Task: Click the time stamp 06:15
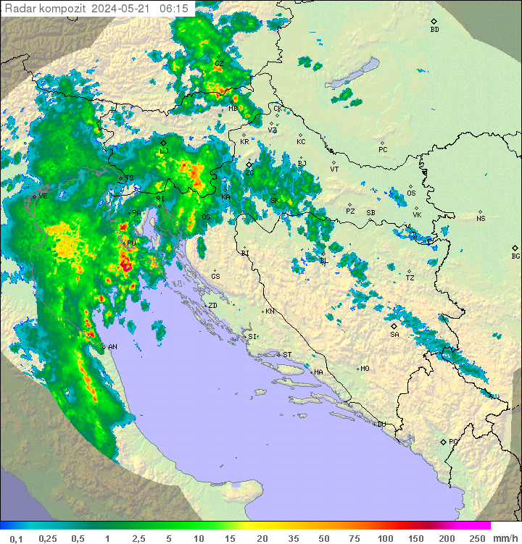tap(173, 8)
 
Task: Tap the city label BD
tap(434, 30)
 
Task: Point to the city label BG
tap(515, 256)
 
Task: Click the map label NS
tap(481, 218)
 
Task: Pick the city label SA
tap(394, 334)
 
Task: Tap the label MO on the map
tap(365, 368)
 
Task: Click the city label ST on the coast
tap(286, 354)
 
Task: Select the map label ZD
tap(212, 306)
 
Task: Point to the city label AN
tap(112, 347)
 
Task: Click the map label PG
tap(453, 441)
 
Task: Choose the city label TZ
tap(410, 277)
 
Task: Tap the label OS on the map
tap(411, 193)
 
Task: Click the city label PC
tap(383, 149)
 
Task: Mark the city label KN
tap(270, 311)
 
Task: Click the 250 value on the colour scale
tap(477, 538)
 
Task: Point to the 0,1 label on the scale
tap(15, 538)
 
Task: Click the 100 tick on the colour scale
tap(385, 538)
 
